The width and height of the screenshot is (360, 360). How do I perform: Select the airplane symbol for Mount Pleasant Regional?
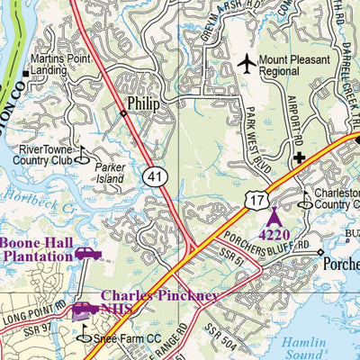247,64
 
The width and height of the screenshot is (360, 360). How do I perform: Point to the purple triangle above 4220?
274,216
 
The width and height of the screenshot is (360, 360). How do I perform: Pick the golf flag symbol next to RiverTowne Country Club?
82,156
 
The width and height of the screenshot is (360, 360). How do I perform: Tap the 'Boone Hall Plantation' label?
36,249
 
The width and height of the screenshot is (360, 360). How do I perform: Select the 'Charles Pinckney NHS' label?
157,302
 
